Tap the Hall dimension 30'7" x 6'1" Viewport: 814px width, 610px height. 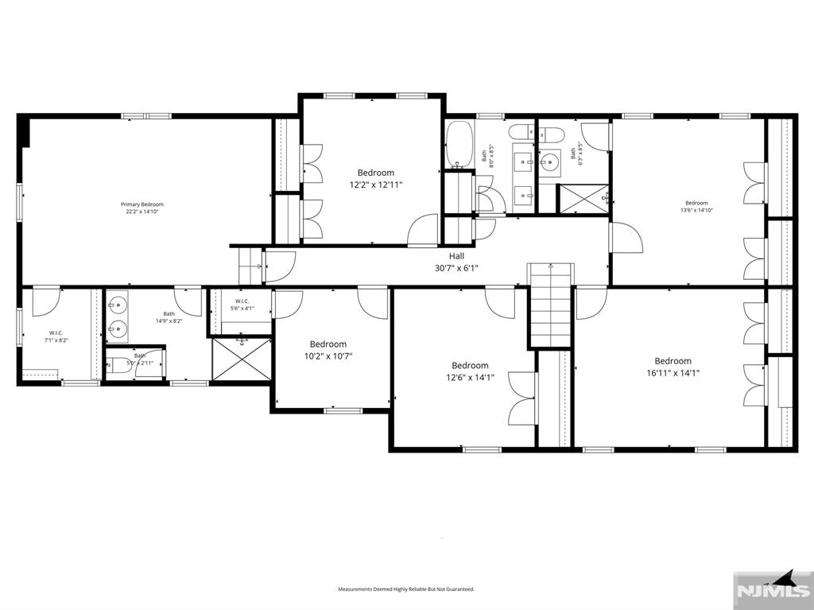click(456, 268)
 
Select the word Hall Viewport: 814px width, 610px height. click(456, 256)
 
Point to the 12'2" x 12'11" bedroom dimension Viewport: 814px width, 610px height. click(376, 185)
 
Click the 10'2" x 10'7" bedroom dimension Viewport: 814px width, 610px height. click(328, 356)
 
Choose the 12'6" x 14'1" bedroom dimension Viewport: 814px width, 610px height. click(470, 378)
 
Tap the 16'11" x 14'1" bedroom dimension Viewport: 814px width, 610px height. click(673, 372)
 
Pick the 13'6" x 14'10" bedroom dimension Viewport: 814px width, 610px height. click(696, 211)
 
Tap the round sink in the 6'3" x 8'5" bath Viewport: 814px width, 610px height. click(549, 164)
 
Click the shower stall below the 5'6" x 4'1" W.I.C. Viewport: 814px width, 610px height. click(241, 359)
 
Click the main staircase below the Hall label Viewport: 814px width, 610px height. click(550, 306)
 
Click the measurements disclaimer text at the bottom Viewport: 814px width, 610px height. click(406, 589)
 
